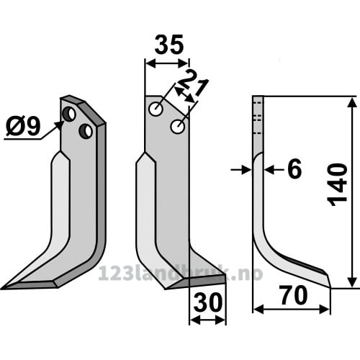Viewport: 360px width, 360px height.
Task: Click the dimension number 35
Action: (x=169, y=45)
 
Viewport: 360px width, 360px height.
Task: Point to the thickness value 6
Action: (x=294, y=169)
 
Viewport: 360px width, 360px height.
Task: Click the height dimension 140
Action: (x=338, y=185)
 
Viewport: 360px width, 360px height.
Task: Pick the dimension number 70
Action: (x=294, y=295)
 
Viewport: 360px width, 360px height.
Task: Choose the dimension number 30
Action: (x=208, y=302)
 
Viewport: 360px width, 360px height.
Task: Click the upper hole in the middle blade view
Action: (x=156, y=109)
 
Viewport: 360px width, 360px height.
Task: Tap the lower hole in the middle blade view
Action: (x=177, y=126)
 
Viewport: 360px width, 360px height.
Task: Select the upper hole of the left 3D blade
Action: (x=69, y=114)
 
